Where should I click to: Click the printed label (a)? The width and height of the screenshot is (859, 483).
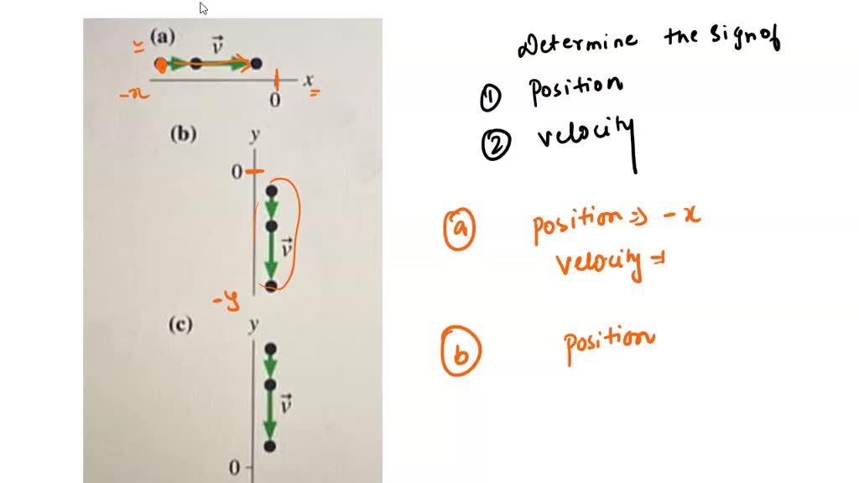click(x=163, y=36)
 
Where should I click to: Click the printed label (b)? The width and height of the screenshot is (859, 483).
click(x=183, y=134)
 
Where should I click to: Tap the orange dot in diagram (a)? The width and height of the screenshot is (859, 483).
click(x=161, y=64)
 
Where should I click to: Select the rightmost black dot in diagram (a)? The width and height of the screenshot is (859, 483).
click(x=256, y=63)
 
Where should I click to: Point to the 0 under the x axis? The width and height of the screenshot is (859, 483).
click(x=274, y=100)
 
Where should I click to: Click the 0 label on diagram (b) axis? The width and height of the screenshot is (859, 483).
click(x=237, y=172)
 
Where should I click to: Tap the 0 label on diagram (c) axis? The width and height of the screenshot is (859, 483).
click(x=235, y=466)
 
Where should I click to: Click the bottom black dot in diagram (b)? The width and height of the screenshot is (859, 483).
click(x=271, y=287)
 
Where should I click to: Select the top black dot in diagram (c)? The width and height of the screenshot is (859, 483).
click(x=270, y=348)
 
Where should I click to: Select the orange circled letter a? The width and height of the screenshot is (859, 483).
click(x=460, y=230)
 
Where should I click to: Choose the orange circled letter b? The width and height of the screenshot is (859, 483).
click(x=461, y=354)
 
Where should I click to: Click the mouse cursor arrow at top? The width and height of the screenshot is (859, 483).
click(x=203, y=8)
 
